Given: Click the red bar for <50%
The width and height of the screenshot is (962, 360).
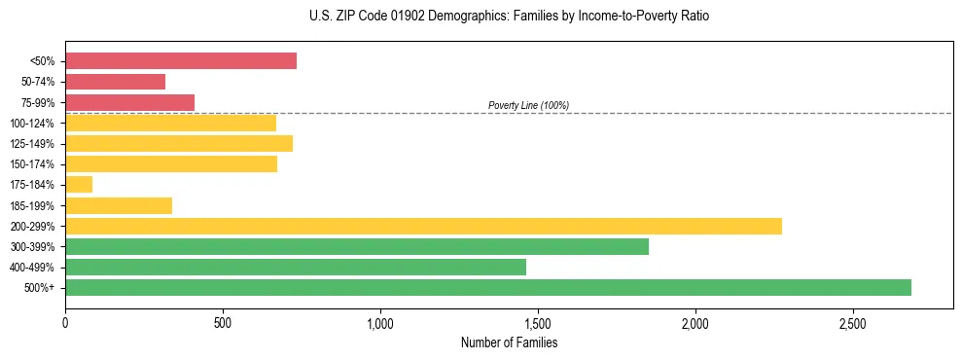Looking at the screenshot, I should [181, 60].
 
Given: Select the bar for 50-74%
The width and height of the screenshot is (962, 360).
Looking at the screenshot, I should [115, 82].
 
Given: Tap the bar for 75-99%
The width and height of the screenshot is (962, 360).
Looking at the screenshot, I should [129, 102].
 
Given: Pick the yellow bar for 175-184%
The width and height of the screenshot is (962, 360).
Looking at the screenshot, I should [79, 184].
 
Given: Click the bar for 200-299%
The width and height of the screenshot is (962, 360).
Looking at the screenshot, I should [423, 226].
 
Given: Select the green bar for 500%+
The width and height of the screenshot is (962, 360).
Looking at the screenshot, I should [488, 287].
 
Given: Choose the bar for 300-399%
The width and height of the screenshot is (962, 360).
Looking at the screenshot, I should [357, 246].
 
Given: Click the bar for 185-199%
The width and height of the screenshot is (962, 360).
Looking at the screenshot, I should [119, 205].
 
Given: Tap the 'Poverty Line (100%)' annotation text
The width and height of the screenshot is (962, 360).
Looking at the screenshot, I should [528, 105].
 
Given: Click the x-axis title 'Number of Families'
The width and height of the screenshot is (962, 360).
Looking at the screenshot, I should [509, 342].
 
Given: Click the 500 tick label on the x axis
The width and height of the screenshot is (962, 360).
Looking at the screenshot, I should [223, 322].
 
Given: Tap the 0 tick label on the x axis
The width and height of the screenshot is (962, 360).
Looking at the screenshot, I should [65, 322].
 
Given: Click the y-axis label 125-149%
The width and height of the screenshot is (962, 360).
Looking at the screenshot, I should [32, 144].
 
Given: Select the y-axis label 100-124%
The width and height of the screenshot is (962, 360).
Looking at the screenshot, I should [32, 124].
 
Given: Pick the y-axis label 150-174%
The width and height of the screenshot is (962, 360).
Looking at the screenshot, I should [32, 164].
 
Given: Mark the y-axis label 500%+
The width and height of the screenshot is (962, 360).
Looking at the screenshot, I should [40, 288].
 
